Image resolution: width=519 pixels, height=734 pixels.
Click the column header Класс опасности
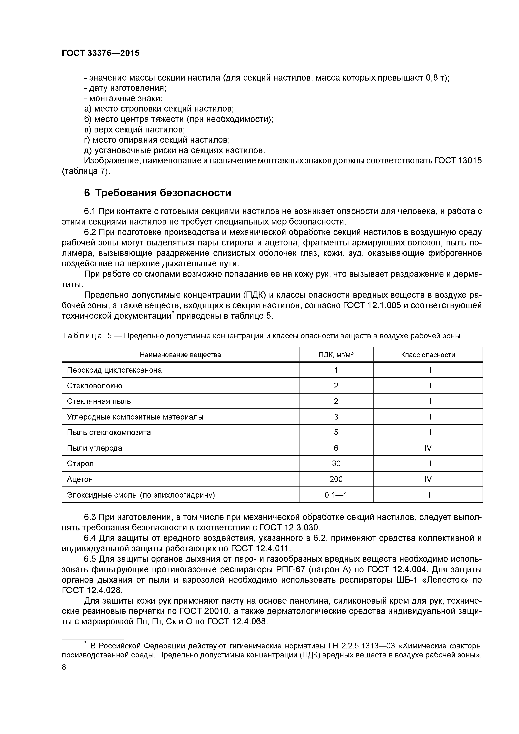pos(428,354)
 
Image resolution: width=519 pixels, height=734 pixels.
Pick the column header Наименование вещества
pos(180,354)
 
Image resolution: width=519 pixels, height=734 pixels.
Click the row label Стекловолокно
pos(95,386)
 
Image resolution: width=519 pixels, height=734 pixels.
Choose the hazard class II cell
pos(428,495)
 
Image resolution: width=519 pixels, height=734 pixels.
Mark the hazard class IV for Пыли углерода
pos(428,448)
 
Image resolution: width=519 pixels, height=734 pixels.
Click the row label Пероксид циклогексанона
pos(114,370)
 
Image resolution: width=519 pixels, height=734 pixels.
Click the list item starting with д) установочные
pos(174,150)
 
